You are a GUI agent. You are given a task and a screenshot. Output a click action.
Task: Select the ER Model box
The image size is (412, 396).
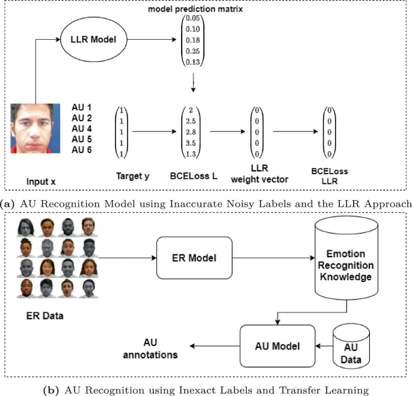[x=194, y=256]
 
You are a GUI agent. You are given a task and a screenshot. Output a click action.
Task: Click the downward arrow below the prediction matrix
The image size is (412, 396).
[x=194, y=84]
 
